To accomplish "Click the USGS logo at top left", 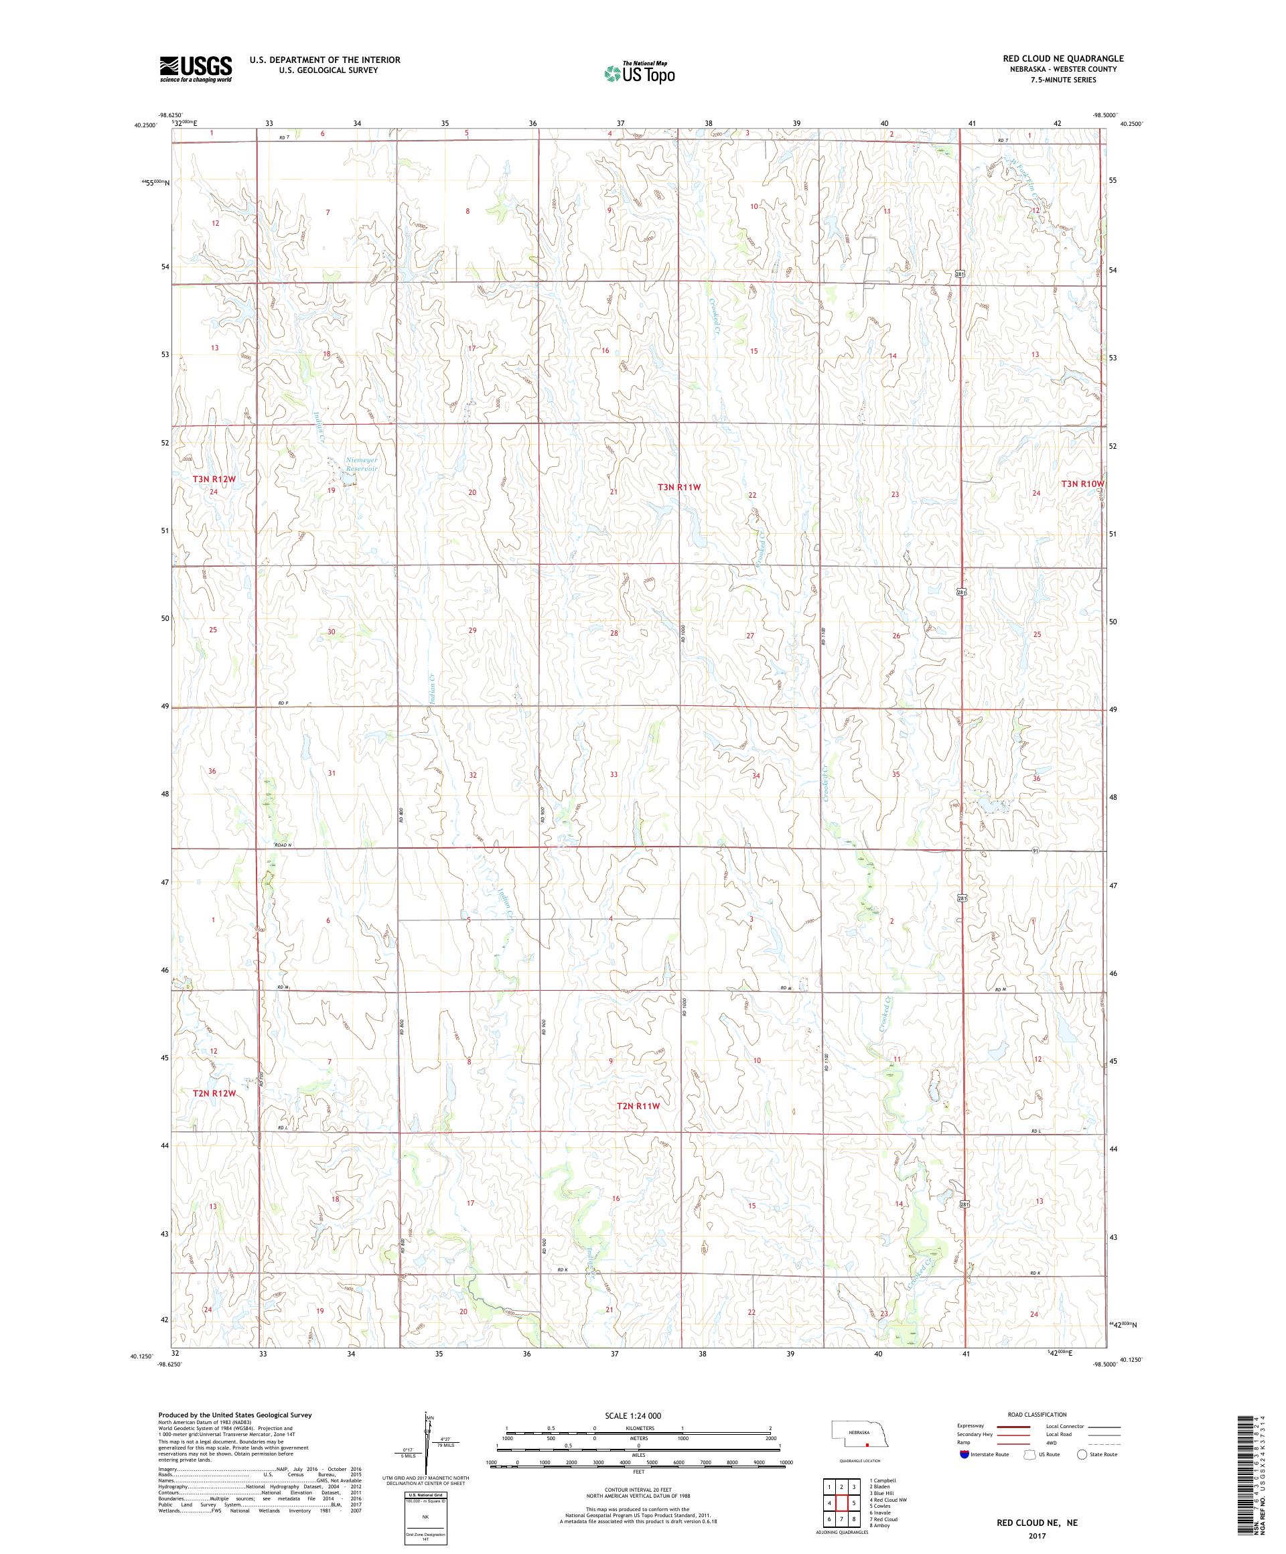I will (x=196, y=69).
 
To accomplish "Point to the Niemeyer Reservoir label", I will (x=362, y=464).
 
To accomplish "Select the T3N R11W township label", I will (x=678, y=487).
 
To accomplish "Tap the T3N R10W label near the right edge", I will (x=1082, y=484).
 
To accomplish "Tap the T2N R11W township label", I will (x=637, y=1106).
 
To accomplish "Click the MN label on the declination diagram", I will (x=429, y=1417).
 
